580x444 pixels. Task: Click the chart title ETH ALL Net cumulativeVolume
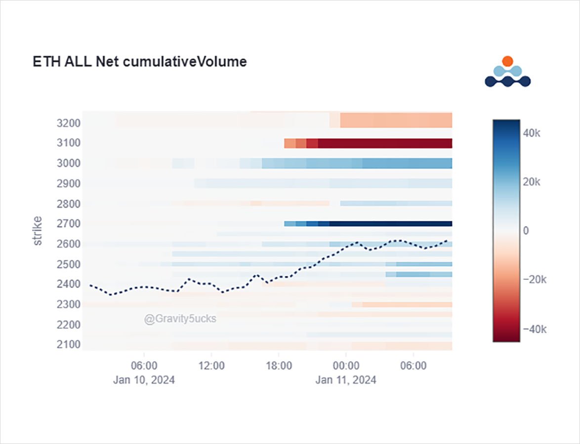pyautogui.click(x=140, y=62)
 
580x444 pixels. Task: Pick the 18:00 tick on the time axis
pyautogui.click(x=279, y=367)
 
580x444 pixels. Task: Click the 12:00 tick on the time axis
pyautogui.click(x=211, y=367)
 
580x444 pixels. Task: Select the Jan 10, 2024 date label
pyautogui.click(x=144, y=380)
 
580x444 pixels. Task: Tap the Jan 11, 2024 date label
pyautogui.click(x=346, y=380)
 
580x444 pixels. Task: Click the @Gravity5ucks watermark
pyautogui.click(x=180, y=319)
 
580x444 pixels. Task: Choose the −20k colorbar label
pyautogui.click(x=534, y=280)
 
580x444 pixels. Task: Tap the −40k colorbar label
pyautogui.click(x=534, y=329)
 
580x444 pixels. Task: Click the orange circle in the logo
pyautogui.click(x=507, y=61)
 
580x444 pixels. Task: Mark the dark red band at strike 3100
pyautogui.click(x=385, y=143)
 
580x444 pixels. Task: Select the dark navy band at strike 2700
pyautogui.click(x=390, y=223)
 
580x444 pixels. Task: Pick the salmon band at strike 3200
pyautogui.click(x=395, y=121)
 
